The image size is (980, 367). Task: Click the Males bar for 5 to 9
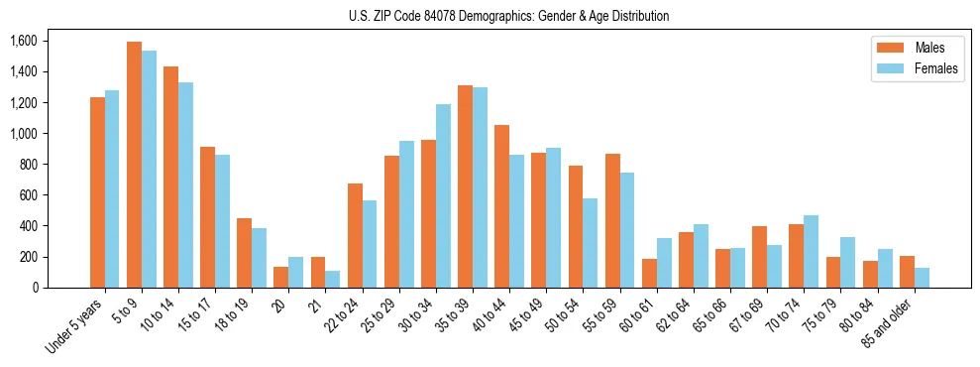click(x=134, y=165)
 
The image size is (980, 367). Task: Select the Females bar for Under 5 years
click(x=112, y=188)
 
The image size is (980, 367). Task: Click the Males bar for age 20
click(x=280, y=277)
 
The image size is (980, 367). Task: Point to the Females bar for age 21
click(x=333, y=279)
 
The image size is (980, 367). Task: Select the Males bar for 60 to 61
click(x=649, y=273)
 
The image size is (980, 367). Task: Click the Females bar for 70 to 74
click(x=811, y=251)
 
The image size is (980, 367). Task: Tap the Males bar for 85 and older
click(x=907, y=272)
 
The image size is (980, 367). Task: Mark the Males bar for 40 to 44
click(x=501, y=206)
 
